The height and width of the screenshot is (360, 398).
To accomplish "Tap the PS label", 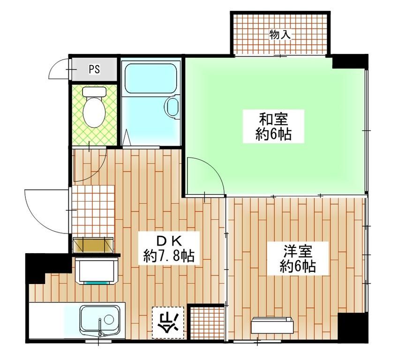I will click(94, 70).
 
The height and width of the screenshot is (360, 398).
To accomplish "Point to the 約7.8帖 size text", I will click(169, 256).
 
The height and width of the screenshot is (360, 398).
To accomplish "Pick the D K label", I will click(168, 241).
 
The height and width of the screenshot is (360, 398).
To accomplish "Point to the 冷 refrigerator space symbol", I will click(167, 322).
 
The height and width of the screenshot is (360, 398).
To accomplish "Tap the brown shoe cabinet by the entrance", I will click(94, 245).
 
